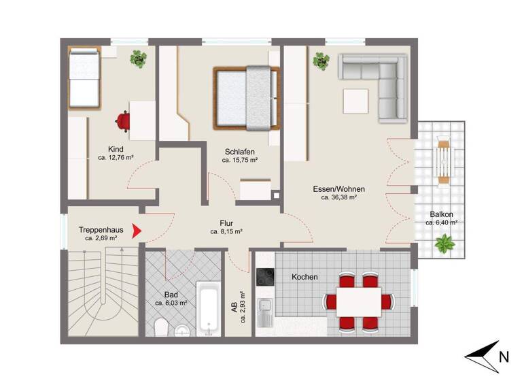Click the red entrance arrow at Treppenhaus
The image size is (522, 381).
coord(137,232)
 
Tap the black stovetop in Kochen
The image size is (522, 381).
coord(263,277)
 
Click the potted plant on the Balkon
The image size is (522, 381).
coord(445,244)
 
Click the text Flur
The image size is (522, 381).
coord(226,222)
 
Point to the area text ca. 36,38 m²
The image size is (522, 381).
coord(339,198)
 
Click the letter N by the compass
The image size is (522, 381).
coord(504,356)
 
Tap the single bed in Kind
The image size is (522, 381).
coord(84,80)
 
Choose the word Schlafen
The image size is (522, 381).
coord(239,151)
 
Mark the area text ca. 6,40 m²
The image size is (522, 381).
coord(441,222)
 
